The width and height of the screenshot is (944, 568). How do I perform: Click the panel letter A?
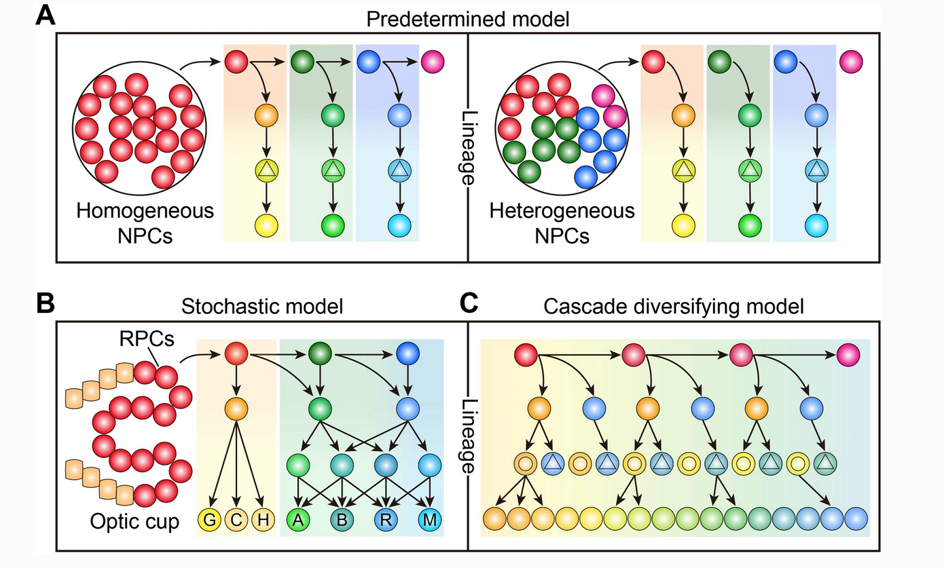(x=46, y=15)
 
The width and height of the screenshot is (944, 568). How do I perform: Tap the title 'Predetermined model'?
(x=468, y=18)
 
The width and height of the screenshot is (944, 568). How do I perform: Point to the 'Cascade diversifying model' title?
(x=674, y=307)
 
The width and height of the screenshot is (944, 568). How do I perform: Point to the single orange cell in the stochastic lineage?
(x=235, y=409)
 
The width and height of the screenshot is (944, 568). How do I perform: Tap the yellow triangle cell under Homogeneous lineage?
(x=266, y=170)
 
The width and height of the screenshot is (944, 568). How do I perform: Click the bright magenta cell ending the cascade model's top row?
(x=848, y=354)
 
